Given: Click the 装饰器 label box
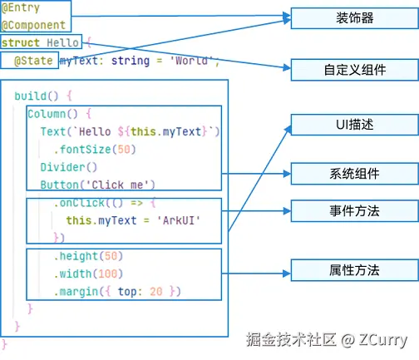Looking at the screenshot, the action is point(354,18).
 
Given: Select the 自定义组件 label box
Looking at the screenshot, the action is point(354,70).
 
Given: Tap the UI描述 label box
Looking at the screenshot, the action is point(354,125).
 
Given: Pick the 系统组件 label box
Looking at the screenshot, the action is point(354,174).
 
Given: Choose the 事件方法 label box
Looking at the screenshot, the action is point(354,211).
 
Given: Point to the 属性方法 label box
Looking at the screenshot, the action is point(354,270).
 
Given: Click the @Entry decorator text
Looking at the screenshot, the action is point(21,7).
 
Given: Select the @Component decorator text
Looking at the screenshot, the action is point(33,25).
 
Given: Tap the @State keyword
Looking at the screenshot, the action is point(33,61).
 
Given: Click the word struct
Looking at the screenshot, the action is point(21,42).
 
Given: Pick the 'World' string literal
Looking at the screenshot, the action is point(191,60).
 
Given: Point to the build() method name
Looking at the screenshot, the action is point(37,96).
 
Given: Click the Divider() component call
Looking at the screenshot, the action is point(69,167).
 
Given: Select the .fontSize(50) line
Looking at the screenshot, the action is point(95,150).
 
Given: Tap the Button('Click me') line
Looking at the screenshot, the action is point(97,185).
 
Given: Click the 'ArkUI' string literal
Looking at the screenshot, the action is point(179,220).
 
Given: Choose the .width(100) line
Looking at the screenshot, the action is point(88,274).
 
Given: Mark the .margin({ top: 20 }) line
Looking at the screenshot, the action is point(117,292).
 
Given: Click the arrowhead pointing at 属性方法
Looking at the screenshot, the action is point(287,274).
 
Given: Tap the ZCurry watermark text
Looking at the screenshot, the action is point(383,340).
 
